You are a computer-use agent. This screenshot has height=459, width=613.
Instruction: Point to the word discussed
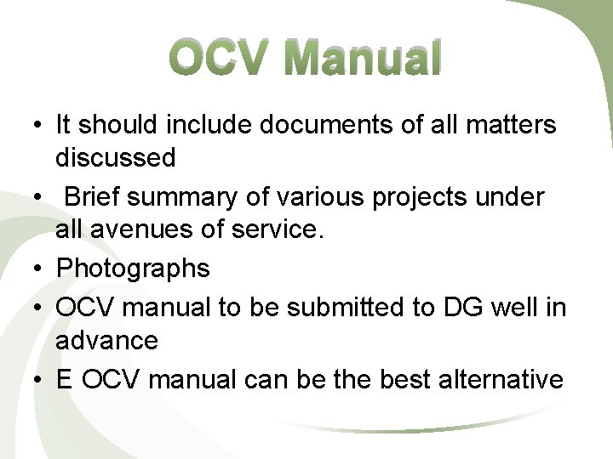point(116,157)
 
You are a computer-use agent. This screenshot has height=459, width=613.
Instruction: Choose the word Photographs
point(133,269)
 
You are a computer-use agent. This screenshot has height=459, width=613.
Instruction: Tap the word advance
point(106,340)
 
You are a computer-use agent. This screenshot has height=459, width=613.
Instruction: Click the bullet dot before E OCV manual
point(38,380)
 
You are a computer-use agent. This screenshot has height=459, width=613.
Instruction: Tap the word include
point(210,125)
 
